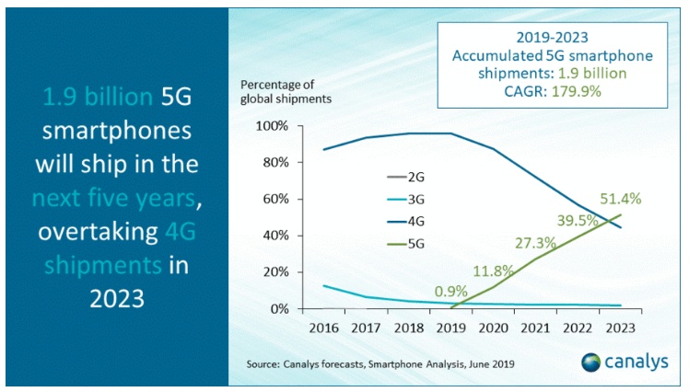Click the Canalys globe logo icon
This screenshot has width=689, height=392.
pyautogui.click(x=590, y=362)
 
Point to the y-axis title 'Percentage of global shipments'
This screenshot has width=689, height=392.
pyautogui.click(x=287, y=91)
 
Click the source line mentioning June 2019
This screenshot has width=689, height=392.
pyautogui.click(x=380, y=364)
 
